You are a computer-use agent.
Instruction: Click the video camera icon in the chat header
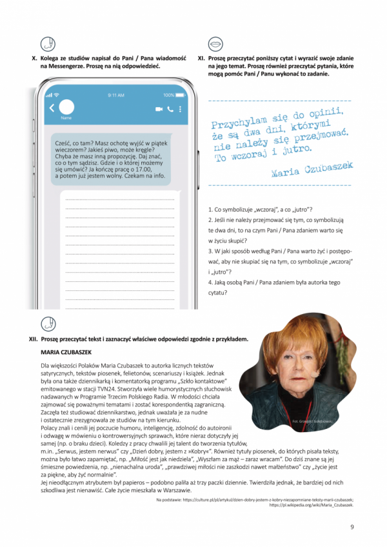click(158, 109)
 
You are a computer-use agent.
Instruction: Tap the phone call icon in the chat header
click(170, 109)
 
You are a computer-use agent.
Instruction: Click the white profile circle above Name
click(66, 108)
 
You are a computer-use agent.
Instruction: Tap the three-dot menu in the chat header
click(180, 109)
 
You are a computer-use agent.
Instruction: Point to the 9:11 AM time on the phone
click(116, 94)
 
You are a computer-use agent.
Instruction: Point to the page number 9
click(352, 526)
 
